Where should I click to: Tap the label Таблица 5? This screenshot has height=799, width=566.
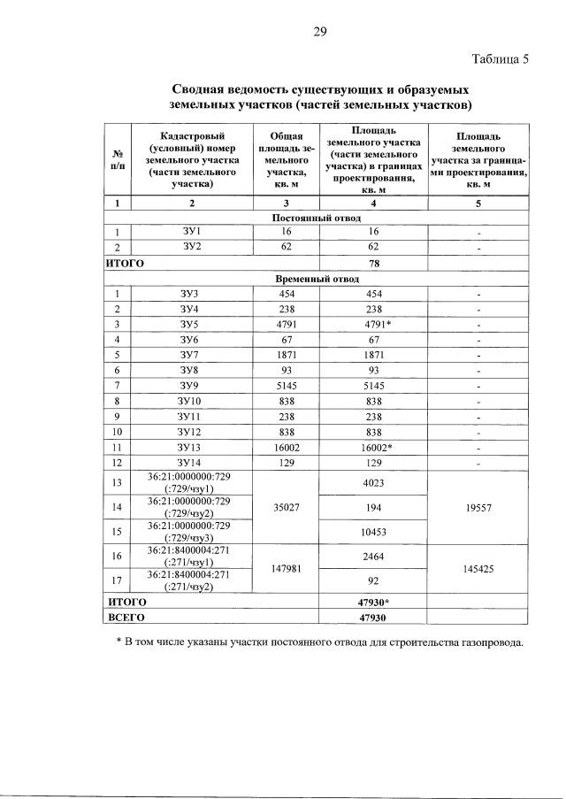(x=500, y=60)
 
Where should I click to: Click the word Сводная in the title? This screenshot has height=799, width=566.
(x=203, y=90)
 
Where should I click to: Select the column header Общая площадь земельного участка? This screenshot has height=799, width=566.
(x=285, y=161)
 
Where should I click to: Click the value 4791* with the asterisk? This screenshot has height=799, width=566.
(x=372, y=324)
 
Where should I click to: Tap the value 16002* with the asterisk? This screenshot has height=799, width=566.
(x=372, y=447)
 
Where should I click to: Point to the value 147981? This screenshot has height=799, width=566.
(x=285, y=569)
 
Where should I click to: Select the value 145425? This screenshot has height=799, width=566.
(x=478, y=569)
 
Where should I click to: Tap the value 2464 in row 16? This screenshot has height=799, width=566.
(x=372, y=557)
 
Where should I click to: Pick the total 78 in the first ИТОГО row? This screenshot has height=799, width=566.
(x=372, y=263)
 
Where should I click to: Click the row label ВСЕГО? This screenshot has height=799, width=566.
(x=126, y=616)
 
